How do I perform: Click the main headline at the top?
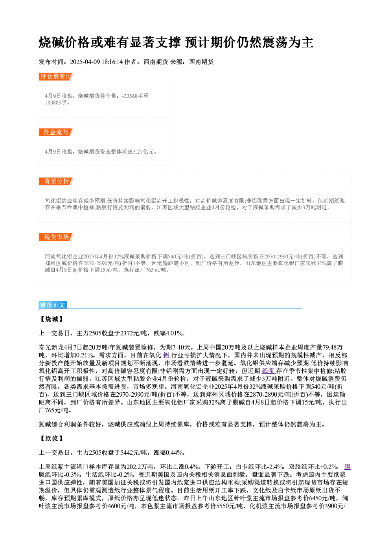(176, 42)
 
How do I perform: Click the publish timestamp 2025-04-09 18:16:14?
(96, 62)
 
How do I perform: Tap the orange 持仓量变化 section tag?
(56, 77)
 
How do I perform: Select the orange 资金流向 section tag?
(56, 132)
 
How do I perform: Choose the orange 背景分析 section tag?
(56, 181)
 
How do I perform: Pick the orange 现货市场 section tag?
(56, 237)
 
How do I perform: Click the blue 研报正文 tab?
(53, 305)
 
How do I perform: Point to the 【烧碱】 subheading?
(52, 319)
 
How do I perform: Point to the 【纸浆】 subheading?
(52, 439)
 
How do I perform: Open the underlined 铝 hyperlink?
(167, 355)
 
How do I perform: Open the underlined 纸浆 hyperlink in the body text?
(268, 371)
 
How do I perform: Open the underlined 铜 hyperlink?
(348, 467)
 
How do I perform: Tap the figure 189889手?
(56, 103)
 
